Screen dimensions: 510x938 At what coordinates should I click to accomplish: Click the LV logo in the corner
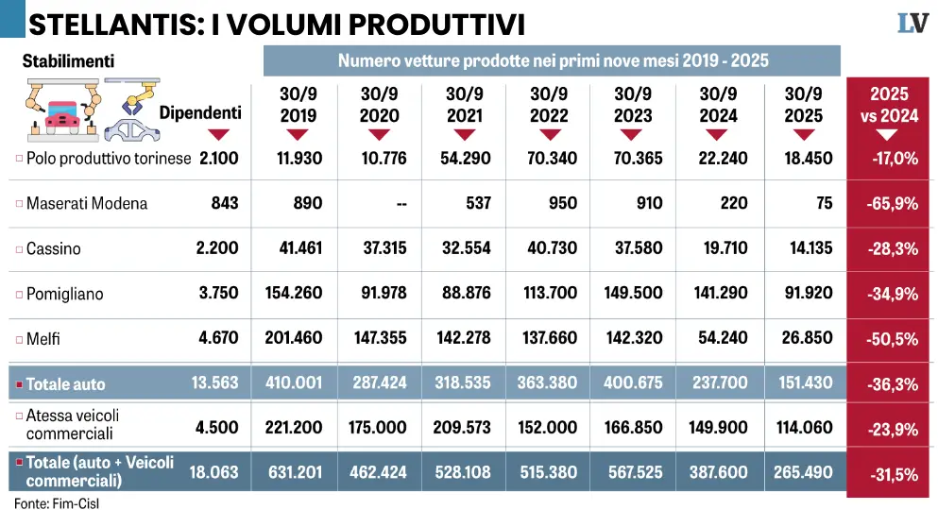[x=913, y=24]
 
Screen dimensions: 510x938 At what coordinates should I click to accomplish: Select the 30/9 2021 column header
[x=464, y=105]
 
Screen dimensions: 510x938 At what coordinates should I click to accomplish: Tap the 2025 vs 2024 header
[x=889, y=105]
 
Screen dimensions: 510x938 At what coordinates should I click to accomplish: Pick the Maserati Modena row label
[x=87, y=203]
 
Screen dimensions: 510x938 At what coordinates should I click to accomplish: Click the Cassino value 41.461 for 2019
[x=295, y=248]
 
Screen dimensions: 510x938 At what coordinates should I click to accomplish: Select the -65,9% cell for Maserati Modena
[x=890, y=203]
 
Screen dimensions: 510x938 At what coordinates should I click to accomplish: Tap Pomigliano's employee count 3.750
[x=219, y=294]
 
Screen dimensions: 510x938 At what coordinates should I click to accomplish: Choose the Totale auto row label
[x=65, y=384]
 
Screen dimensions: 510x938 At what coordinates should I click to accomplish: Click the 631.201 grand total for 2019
[x=295, y=473]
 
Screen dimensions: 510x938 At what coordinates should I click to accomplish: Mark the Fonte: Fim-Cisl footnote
[x=57, y=503]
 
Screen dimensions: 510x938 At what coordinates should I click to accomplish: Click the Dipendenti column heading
[x=200, y=113]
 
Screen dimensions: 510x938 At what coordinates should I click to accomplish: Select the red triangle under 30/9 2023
[x=633, y=135]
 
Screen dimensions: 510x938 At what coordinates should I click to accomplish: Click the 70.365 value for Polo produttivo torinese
[x=633, y=158]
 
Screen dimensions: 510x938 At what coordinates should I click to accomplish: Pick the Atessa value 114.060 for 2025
[x=805, y=428]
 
